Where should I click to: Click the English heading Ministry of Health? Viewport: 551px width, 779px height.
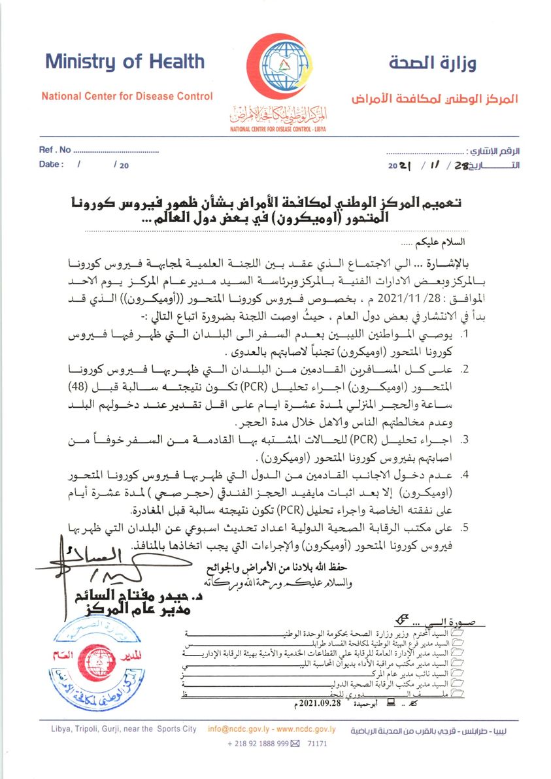tap(124, 62)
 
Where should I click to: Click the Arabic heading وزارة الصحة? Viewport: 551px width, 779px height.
tap(432, 63)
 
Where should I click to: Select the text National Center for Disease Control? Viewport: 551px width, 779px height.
tap(127, 97)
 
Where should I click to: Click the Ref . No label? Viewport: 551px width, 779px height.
tap(55, 150)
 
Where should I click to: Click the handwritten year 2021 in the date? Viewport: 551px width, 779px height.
tap(399, 166)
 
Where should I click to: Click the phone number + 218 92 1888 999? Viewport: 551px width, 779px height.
tap(258, 744)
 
